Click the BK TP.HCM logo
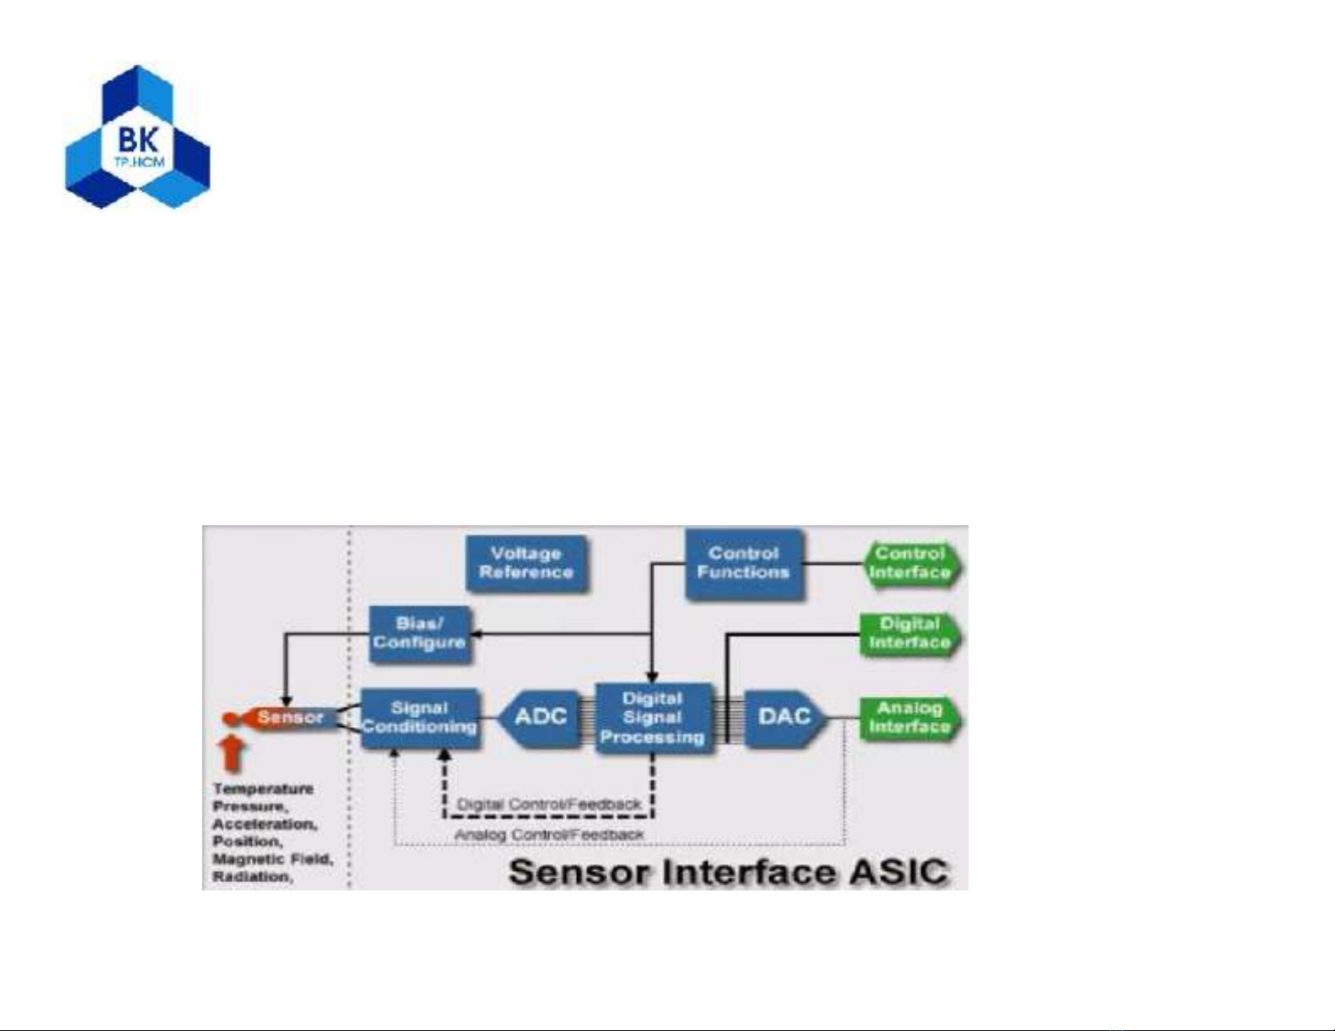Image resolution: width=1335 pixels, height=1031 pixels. (138, 137)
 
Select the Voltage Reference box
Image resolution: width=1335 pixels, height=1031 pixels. (526, 563)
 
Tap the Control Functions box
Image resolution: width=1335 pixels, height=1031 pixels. (744, 563)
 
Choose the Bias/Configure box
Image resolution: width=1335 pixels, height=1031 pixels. (419, 633)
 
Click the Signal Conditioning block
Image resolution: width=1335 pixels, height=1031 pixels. (419, 718)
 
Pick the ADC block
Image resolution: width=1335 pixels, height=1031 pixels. (540, 717)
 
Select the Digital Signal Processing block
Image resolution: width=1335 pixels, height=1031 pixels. (653, 718)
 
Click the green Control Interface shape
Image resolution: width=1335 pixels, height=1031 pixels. (910, 563)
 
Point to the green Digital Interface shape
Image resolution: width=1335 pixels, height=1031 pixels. (910, 633)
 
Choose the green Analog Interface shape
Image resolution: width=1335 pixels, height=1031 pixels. (910, 717)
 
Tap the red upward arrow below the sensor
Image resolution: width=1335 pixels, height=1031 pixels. (232, 754)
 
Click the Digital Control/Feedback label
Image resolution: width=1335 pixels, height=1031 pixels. (549, 805)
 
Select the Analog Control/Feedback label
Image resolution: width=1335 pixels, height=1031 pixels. (549, 835)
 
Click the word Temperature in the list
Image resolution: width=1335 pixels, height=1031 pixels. (263, 789)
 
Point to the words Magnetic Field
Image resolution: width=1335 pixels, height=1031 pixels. (272, 859)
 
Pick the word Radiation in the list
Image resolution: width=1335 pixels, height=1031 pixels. (251, 877)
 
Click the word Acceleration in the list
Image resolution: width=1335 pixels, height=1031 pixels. (264, 824)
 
